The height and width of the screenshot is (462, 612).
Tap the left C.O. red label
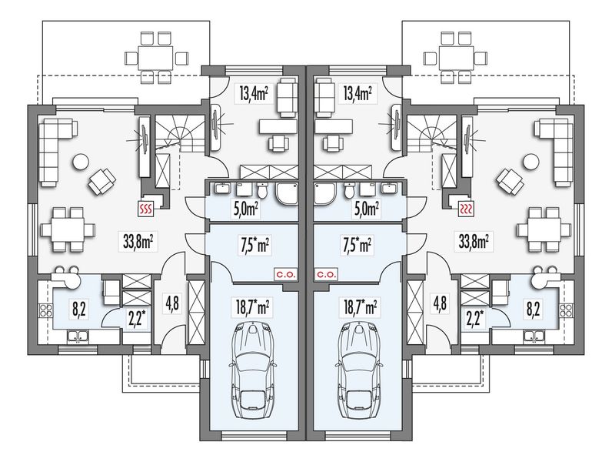click(286, 274)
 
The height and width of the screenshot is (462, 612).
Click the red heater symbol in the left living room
click(146, 209)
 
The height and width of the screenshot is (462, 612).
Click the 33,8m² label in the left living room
click(138, 242)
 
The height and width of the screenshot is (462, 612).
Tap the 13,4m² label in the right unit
click(357, 94)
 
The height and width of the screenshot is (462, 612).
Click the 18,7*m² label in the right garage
click(359, 306)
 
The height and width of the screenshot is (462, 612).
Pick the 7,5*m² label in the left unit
click(254, 246)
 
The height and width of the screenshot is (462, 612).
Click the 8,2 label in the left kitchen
click(79, 309)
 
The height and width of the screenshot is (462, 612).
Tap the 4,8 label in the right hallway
click(440, 303)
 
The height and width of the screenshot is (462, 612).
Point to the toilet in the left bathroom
click(263, 191)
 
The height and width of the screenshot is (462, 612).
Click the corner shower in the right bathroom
click(325, 193)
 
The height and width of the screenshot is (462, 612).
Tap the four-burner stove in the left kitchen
click(45, 310)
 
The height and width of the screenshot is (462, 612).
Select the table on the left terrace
click(156, 58)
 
